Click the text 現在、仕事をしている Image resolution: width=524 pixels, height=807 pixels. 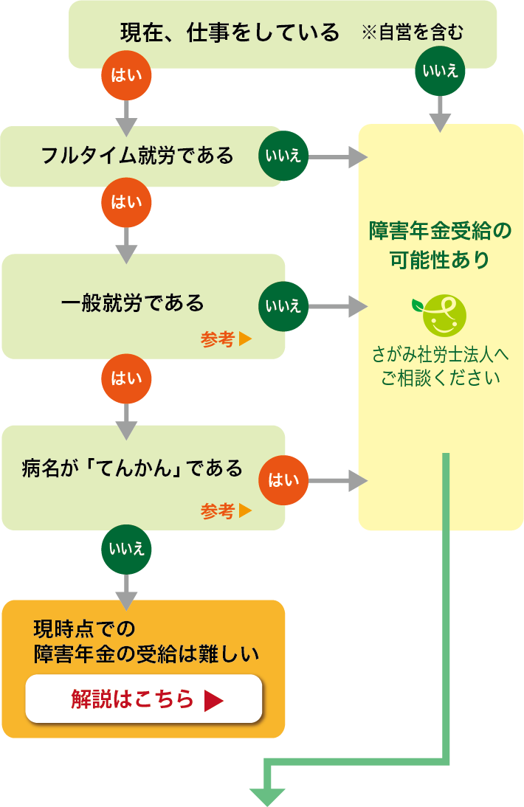[x=230, y=32]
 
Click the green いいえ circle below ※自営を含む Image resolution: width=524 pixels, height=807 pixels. [x=440, y=71]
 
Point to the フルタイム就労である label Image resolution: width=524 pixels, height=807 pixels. [x=138, y=156]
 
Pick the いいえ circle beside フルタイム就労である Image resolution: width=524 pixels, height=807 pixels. [x=283, y=157]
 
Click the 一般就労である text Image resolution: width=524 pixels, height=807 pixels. [x=132, y=302]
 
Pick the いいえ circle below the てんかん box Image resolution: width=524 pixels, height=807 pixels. [x=127, y=549]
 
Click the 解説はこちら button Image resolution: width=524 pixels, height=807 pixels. [x=144, y=699]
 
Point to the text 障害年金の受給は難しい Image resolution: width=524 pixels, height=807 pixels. [x=147, y=654]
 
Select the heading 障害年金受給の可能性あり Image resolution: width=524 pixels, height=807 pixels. [x=440, y=246]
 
